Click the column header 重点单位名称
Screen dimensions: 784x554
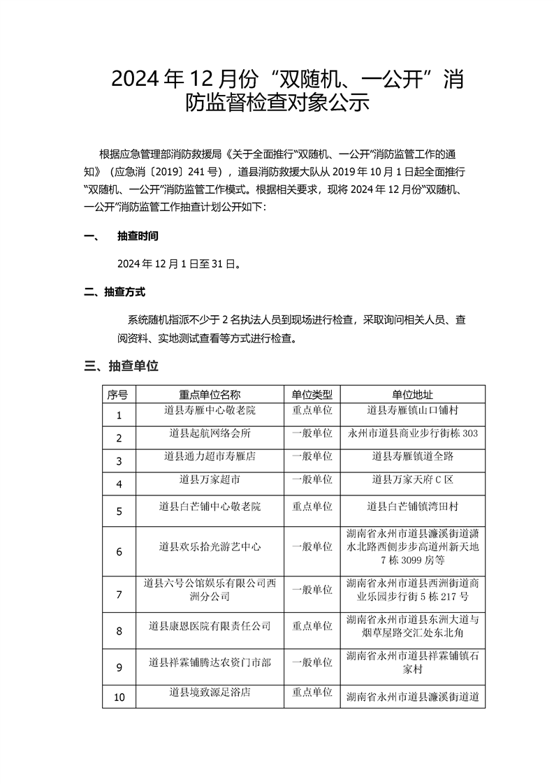pyautogui.click(x=210, y=395)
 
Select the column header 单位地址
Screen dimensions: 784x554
pyautogui.click(x=412, y=395)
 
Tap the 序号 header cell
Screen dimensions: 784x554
pyautogui.click(x=119, y=395)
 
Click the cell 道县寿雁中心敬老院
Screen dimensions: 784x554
pyautogui.click(x=210, y=411)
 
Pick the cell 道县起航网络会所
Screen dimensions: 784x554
pyautogui.click(x=210, y=434)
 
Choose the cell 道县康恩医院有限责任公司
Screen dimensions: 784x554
pyautogui.click(x=210, y=626)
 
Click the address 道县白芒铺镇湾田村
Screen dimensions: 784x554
pyautogui.click(x=412, y=506)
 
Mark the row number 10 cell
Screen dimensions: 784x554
pyautogui.click(x=119, y=697)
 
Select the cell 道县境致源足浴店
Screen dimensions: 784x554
pyautogui.click(x=210, y=693)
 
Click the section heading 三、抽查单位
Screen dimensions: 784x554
pyautogui.click(x=122, y=365)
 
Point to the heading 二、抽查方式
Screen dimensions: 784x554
pyautogui.click(x=115, y=292)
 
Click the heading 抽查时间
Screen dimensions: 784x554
pyautogui.click(x=138, y=237)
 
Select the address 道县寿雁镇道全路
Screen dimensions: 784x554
pyautogui.click(x=412, y=456)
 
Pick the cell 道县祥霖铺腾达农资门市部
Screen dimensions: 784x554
pyautogui.click(x=210, y=662)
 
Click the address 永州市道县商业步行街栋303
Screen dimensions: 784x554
pyautogui.click(x=412, y=434)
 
